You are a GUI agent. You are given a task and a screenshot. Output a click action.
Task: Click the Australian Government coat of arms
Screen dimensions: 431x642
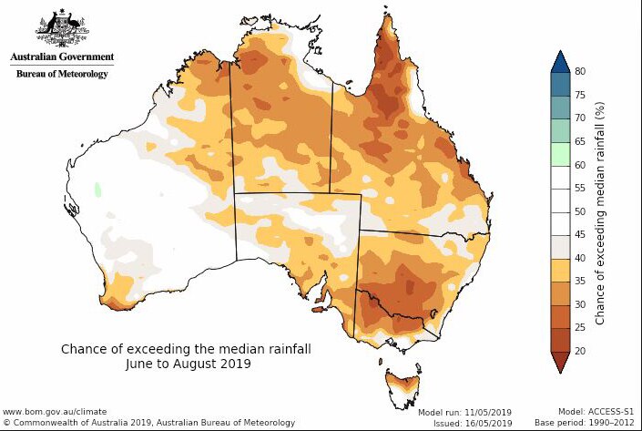tap(61, 29)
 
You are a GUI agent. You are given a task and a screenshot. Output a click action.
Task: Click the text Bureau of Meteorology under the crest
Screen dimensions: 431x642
tap(62, 73)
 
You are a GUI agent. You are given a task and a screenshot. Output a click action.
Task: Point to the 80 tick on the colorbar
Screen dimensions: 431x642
tap(579, 71)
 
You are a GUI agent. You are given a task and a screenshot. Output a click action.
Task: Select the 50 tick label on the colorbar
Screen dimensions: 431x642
tap(579, 211)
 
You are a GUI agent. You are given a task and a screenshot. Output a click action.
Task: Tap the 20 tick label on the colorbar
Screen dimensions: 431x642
tap(579, 352)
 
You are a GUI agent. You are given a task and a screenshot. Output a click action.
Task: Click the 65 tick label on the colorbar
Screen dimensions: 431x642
tap(579, 141)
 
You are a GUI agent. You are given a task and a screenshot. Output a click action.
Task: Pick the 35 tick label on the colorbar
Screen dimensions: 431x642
tap(579, 282)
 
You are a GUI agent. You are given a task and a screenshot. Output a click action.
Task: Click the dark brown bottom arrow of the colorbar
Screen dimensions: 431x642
tap(559, 363)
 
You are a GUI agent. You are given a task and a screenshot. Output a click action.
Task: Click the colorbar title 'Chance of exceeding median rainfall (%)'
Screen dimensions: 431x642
tap(600, 211)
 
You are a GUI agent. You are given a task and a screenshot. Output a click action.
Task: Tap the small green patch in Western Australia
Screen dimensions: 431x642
tap(98, 190)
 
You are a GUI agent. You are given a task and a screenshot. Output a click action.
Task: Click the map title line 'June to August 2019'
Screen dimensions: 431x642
tap(189, 363)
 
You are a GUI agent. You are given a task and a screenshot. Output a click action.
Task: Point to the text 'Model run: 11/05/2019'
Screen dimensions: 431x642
tap(464, 413)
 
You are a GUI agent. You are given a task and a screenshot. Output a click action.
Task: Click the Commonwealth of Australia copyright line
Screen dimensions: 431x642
tap(148, 423)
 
